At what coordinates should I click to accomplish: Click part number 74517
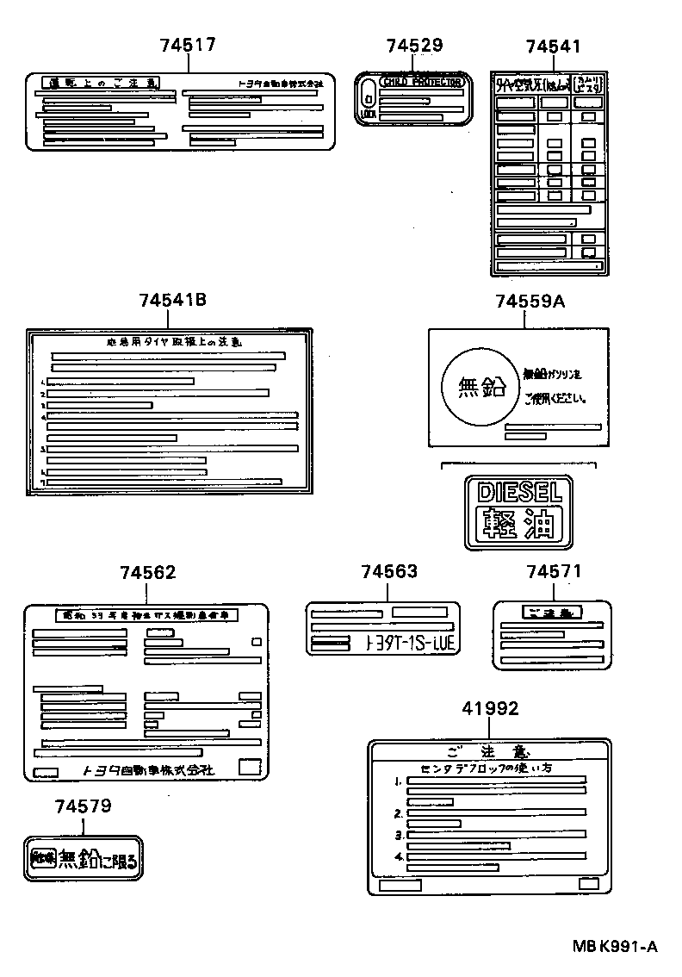tap(186, 46)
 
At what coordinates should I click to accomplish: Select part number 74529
tap(414, 46)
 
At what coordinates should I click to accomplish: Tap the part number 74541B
tap(172, 300)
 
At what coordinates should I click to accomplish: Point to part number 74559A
tap(530, 301)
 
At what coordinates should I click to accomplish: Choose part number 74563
tap(389, 571)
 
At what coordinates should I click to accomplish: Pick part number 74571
tap(554, 571)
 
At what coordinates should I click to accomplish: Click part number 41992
tap(491, 708)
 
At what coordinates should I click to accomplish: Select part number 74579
tap(83, 806)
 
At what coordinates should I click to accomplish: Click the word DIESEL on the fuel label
tap(519, 492)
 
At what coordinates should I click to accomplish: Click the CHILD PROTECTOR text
tap(421, 82)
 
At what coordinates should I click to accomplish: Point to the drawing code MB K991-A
tap(616, 947)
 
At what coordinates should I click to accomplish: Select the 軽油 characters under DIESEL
tap(519, 524)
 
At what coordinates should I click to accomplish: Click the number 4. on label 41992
tap(399, 857)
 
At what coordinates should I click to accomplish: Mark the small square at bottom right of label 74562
tap(249, 767)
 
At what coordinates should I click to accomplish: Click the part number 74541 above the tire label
tap(554, 46)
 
